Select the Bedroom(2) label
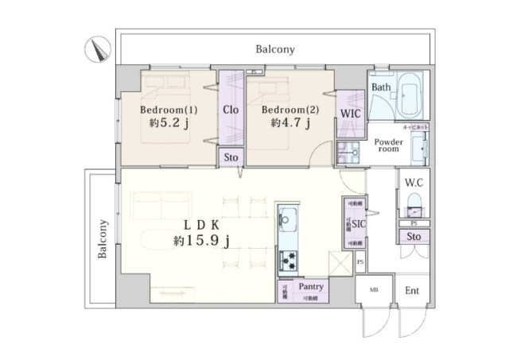pos(289,109)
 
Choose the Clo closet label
pos(231,110)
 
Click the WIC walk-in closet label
pos(351,114)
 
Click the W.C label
pos(414,184)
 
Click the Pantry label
pos(309,286)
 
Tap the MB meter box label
pos(374,291)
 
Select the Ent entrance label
pos(412,291)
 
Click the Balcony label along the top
pos(275,49)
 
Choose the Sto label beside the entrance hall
pos(414,237)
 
